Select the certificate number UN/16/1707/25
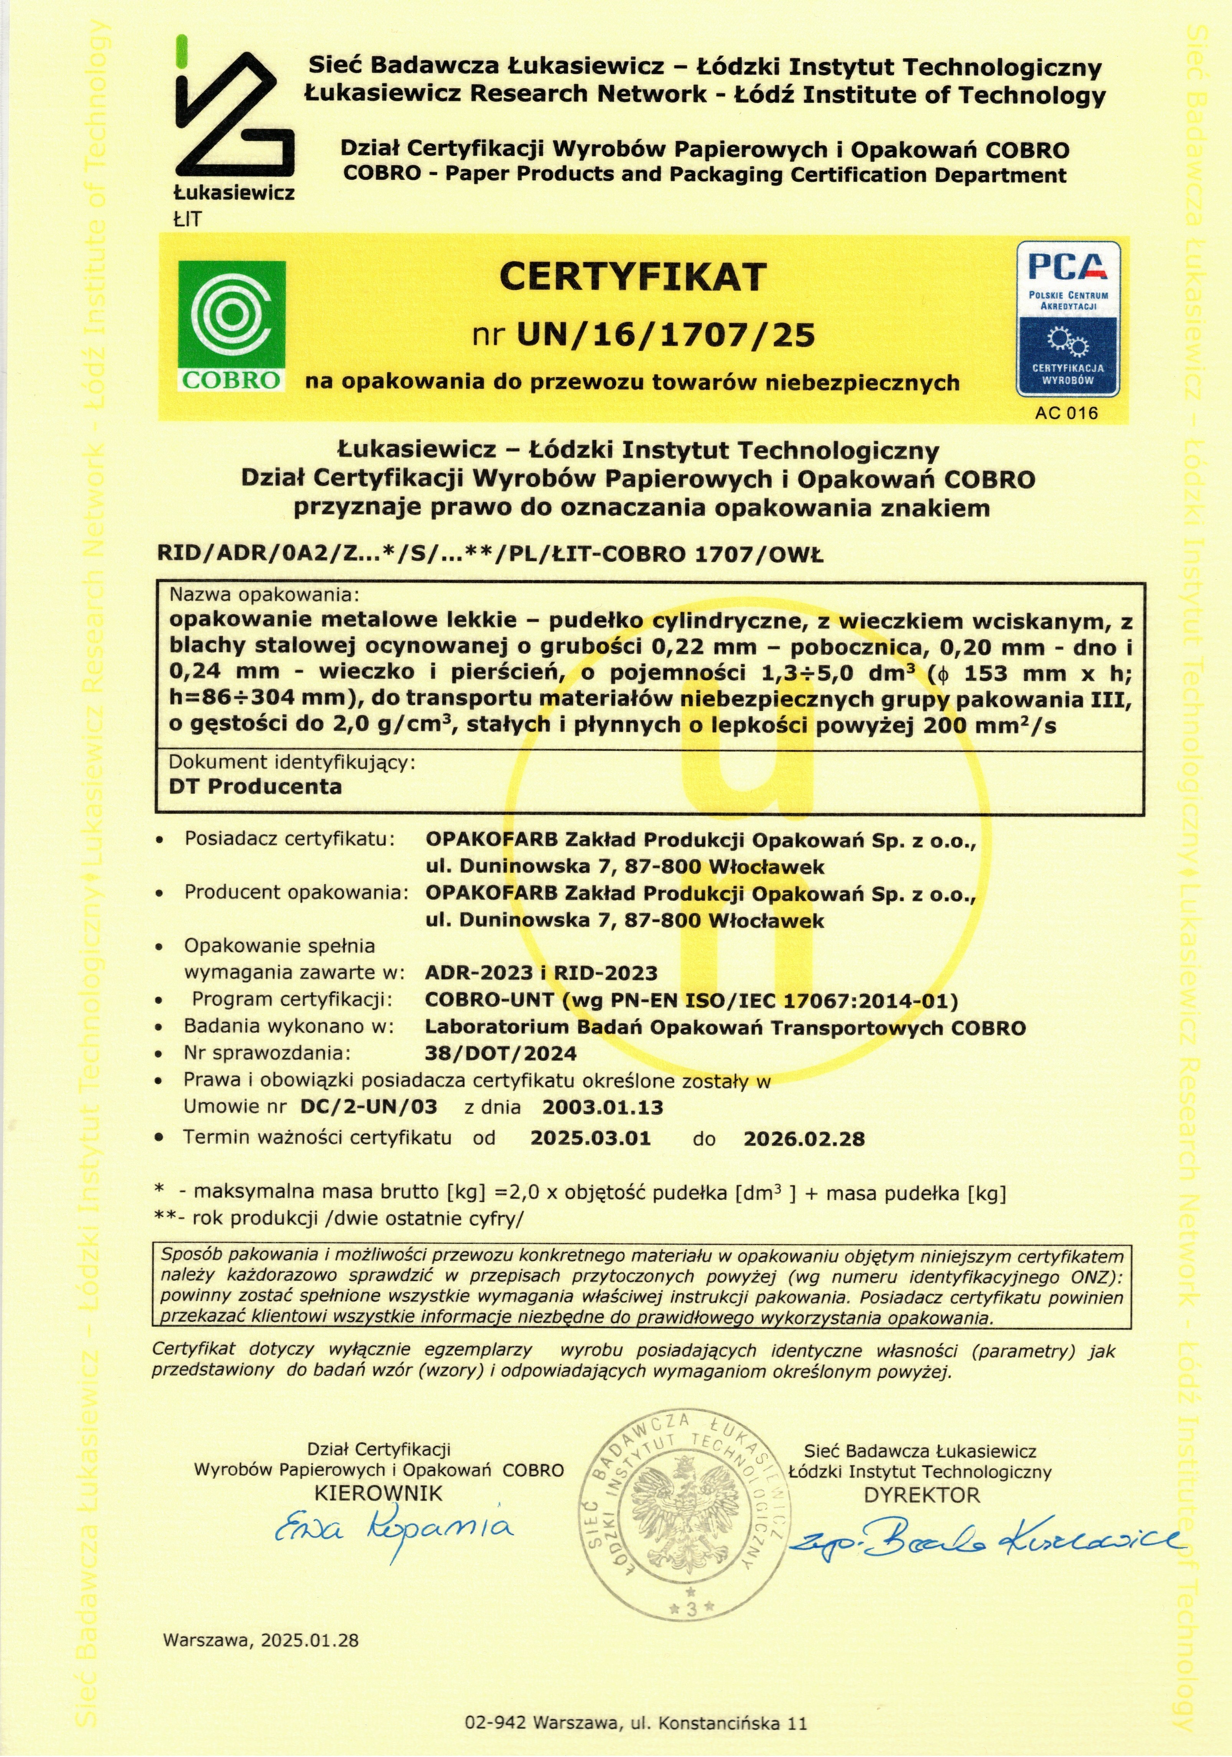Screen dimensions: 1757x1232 pyautogui.click(x=666, y=335)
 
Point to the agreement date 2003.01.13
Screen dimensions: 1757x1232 pyautogui.click(x=602, y=1107)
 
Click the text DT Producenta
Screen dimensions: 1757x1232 pyautogui.click(x=255, y=787)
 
